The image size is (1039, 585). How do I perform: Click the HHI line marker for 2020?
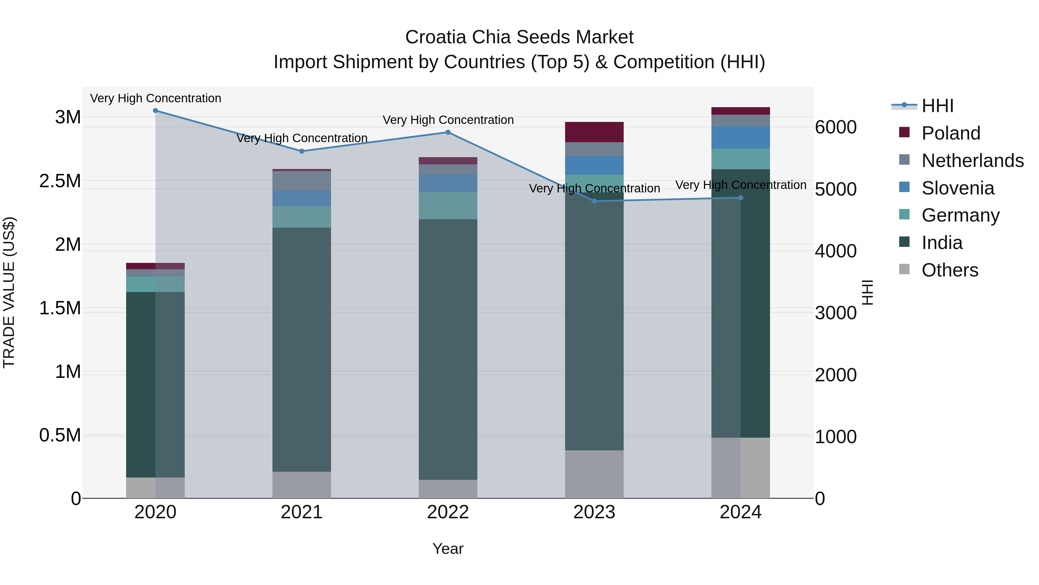click(155, 111)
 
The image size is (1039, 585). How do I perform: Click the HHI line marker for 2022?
click(448, 132)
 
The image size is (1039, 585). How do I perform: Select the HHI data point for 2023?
click(594, 201)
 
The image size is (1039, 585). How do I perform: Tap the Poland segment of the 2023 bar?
click(594, 132)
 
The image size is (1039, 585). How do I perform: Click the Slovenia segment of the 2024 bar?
click(741, 137)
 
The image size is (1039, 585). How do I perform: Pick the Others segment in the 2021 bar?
click(302, 484)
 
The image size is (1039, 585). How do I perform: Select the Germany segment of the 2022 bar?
click(448, 205)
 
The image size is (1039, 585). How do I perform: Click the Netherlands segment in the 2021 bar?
click(302, 181)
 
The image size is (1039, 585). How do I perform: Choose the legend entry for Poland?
click(951, 133)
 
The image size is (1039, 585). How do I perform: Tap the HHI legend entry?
click(937, 106)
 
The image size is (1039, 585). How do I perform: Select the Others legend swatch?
click(904, 269)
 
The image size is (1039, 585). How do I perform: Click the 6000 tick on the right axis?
click(835, 127)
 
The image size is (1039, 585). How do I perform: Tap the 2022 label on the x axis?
click(448, 512)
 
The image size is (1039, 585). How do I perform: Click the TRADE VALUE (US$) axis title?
click(9, 292)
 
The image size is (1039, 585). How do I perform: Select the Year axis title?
click(448, 549)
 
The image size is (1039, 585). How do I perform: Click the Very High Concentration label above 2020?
click(155, 98)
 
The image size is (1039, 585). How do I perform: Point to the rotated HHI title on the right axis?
click(867, 292)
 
